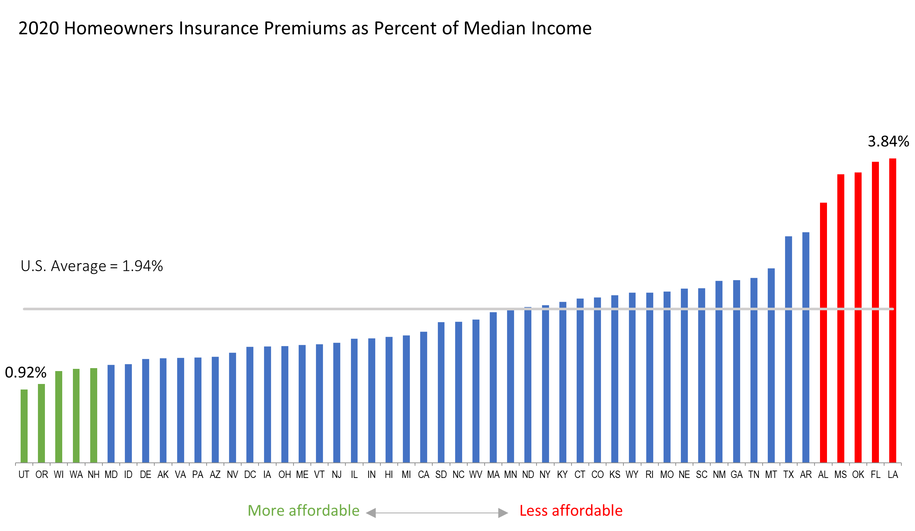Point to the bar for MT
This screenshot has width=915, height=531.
[x=771, y=365]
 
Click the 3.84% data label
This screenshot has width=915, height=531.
[x=888, y=142]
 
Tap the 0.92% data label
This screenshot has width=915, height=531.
[x=26, y=373]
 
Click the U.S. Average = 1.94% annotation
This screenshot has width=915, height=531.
[x=92, y=266]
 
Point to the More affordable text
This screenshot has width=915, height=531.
[x=303, y=511]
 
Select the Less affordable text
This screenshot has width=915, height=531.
[x=571, y=511]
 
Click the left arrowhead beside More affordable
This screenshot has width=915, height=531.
[x=371, y=513]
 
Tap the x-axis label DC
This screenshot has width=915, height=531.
[x=250, y=475]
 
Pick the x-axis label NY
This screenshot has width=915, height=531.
[x=545, y=475]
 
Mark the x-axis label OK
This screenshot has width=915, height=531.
[x=858, y=475]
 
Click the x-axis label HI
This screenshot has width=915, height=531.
[x=389, y=475]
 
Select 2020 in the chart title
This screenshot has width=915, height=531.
[x=39, y=28]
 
